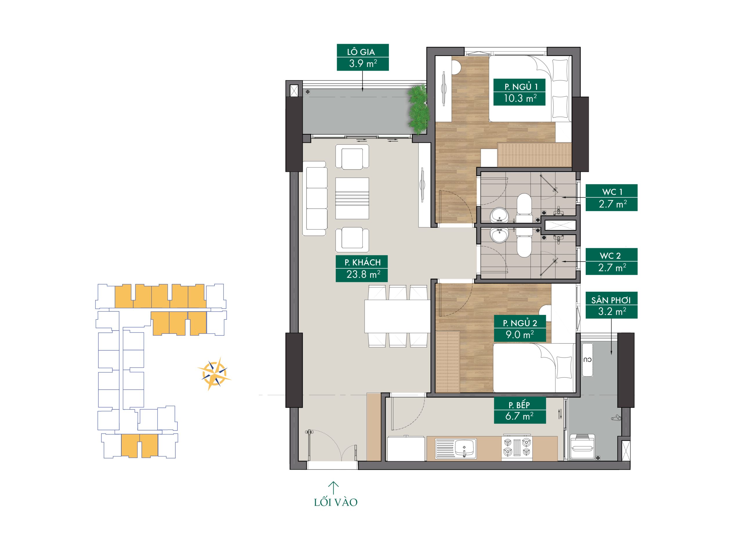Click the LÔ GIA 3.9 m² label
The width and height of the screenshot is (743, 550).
point(363,58)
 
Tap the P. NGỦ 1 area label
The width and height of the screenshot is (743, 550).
point(520,92)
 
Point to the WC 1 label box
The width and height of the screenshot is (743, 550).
point(612,198)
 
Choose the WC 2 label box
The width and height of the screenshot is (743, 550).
point(612,261)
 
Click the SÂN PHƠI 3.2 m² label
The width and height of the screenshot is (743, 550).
point(612,305)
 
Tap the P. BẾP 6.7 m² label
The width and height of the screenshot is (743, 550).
point(520,410)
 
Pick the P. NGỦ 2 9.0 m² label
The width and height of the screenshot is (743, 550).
point(520,328)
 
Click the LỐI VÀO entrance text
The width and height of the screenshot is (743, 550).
point(336,502)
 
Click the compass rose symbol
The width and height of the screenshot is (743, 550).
point(214,373)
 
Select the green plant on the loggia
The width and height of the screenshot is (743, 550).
point(417,110)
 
